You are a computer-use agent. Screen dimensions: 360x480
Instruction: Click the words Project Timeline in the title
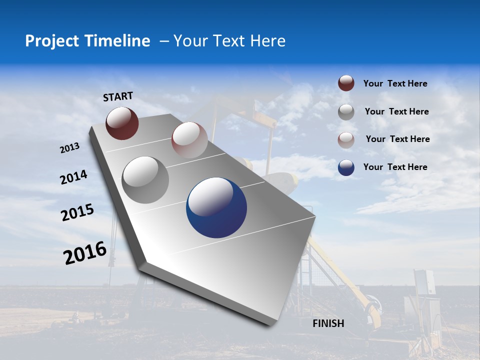point(87,41)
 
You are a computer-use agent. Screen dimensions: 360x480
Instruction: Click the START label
point(118,96)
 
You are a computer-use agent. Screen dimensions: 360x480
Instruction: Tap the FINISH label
point(328,323)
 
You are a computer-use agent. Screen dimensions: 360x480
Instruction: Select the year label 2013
point(69,148)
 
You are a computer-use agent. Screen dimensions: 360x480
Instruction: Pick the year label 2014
point(74,177)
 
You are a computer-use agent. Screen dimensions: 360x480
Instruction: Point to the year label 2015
point(77,212)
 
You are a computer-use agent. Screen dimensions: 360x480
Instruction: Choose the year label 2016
point(85,253)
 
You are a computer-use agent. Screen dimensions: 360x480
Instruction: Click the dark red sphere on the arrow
point(122,123)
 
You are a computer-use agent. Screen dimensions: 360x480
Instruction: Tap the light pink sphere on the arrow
point(189,140)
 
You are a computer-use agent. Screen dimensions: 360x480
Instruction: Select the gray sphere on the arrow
point(145,179)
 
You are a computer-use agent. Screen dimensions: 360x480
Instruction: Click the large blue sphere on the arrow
point(216,207)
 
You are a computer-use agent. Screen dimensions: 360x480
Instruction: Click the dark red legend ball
point(346,83)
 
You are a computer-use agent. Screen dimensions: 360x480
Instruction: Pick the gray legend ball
point(346,112)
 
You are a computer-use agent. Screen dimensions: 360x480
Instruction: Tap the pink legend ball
point(346,139)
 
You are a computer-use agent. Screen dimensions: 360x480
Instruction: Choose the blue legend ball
point(346,167)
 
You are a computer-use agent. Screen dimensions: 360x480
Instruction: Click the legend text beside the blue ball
point(395,167)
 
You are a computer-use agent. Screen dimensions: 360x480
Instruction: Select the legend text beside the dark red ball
point(395,83)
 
